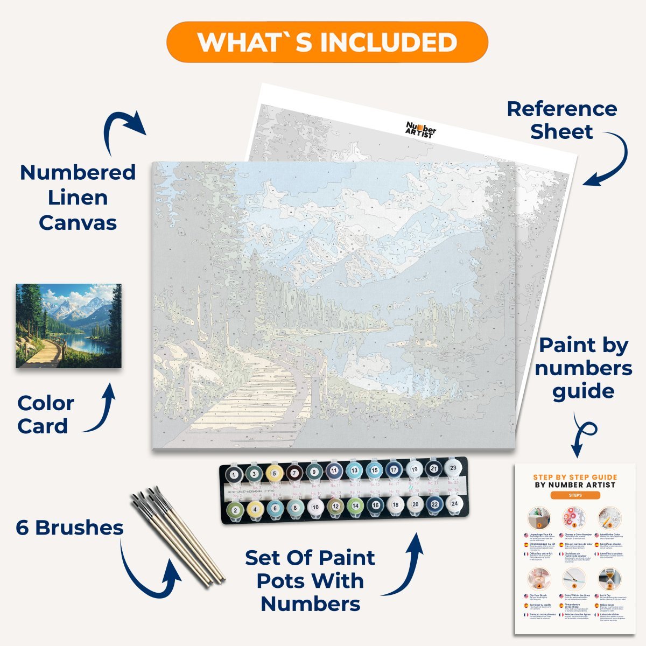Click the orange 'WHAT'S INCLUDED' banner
(327, 42)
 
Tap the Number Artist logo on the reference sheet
(420, 129)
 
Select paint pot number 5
(274, 474)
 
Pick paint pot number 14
(354, 506)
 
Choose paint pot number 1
(234, 474)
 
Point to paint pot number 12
(334, 506)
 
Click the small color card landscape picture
(68, 326)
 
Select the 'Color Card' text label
(45, 415)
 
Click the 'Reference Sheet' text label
(561, 120)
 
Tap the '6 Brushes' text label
(69, 528)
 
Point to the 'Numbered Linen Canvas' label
(78, 198)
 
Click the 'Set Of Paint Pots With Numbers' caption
(310, 581)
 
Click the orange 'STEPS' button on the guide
(574, 495)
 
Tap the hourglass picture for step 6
(609, 579)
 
